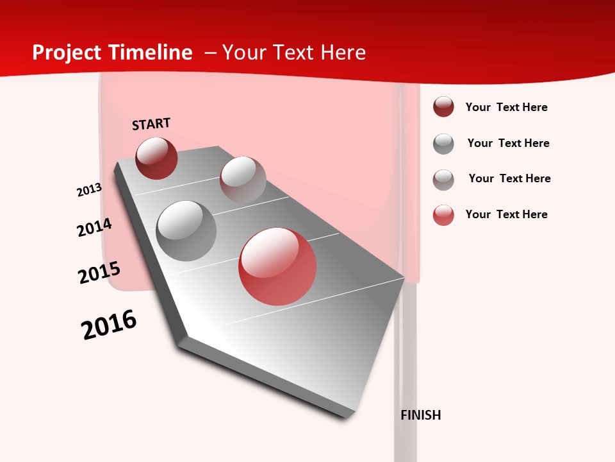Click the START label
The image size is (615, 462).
[x=151, y=124]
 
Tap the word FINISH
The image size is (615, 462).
[x=420, y=415]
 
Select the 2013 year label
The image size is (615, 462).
[x=89, y=190]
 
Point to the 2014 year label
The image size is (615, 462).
[x=94, y=228]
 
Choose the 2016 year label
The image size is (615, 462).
[x=109, y=325]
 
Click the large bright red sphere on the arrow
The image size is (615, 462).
[x=277, y=267]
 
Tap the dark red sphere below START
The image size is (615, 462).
[x=156, y=158]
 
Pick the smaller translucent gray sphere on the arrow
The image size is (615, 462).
[x=243, y=179]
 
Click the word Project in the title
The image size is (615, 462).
[x=67, y=53]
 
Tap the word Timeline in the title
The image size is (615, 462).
[x=151, y=53]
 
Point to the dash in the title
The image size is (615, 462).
[x=210, y=53]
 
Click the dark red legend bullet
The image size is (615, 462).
[x=443, y=107]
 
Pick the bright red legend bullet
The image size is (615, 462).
[x=443, y=215]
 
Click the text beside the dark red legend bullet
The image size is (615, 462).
[x=506, y=107]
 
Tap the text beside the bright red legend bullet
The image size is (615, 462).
[x=506, y=214]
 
